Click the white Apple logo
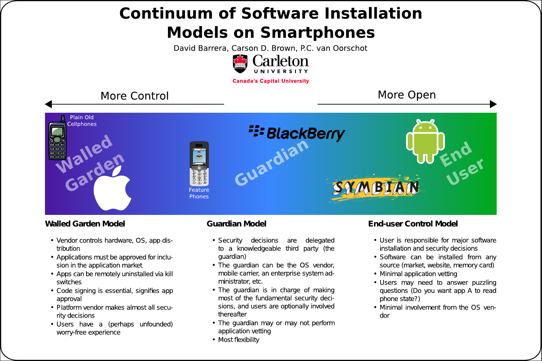point(112,190)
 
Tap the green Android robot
point(425,141)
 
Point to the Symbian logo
point(375,188)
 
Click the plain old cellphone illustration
point(57,138)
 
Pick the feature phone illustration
point(199,163)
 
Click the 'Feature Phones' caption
point(199,193)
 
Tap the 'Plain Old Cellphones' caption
point(82,121)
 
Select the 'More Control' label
point(135,96)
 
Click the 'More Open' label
point(407,95)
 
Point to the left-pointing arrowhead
point(48,104)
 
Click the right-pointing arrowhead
point(493,104)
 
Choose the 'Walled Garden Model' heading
point(85,224)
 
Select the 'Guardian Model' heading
point(236,224)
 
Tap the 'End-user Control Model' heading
point(413,224)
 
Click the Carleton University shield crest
point(240,64)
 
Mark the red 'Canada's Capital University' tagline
point(271,81)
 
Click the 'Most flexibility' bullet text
point(238,340)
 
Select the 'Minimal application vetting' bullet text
point(418,274)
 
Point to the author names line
point(270,48)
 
